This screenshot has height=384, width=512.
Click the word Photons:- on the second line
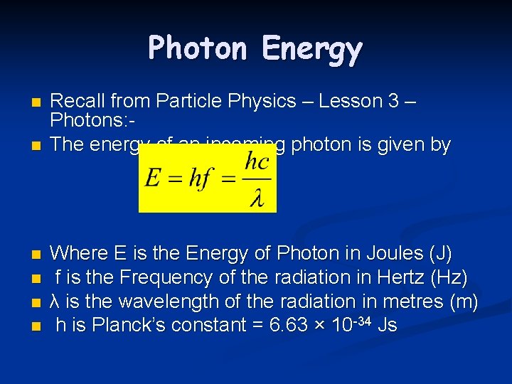pyautogui.click(x=88, y=123)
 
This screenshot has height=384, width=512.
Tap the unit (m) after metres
pyautogui.click(x=465, y=302)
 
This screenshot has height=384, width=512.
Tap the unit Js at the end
pyautogui.click(x=388, y=326)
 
